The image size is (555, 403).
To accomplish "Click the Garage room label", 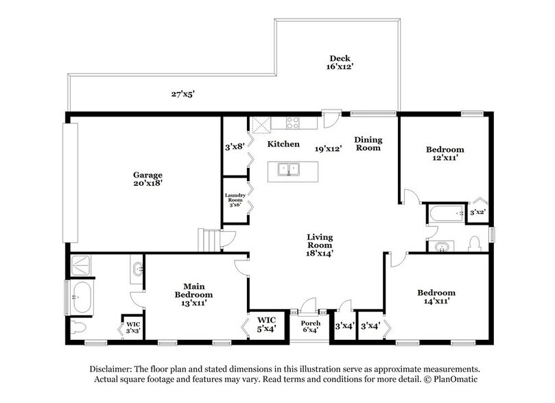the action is click(147, 179).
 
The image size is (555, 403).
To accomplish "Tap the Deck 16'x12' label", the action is click(340, 62).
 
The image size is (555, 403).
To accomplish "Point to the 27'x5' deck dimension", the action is click(183, 94).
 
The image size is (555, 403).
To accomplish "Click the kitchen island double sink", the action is click(289, 169).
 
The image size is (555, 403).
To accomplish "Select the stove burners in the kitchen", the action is click(293, 122).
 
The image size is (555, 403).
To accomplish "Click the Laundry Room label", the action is click(235, 199).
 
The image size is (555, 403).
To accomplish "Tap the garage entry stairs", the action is click(209, 241).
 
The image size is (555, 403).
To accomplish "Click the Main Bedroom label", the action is click(194, 294).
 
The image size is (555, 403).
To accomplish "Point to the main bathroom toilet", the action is click(78, 327).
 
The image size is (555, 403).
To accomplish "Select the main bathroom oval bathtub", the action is click(82, 297).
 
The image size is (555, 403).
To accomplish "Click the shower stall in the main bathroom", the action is click(81, 265).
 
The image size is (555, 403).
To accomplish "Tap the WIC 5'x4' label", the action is click(266, 324).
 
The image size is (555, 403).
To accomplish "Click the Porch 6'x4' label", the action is click(310, 326).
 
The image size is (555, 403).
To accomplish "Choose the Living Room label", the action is click(320, 245).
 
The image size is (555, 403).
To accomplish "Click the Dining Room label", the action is click(368, 143).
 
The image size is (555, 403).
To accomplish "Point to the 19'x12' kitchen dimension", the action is click(328, 149).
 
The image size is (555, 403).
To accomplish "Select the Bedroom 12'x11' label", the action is click(445, 154).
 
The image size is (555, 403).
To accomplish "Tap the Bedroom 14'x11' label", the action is click(436, 297).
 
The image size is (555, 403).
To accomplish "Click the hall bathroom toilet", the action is click(473, 244).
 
